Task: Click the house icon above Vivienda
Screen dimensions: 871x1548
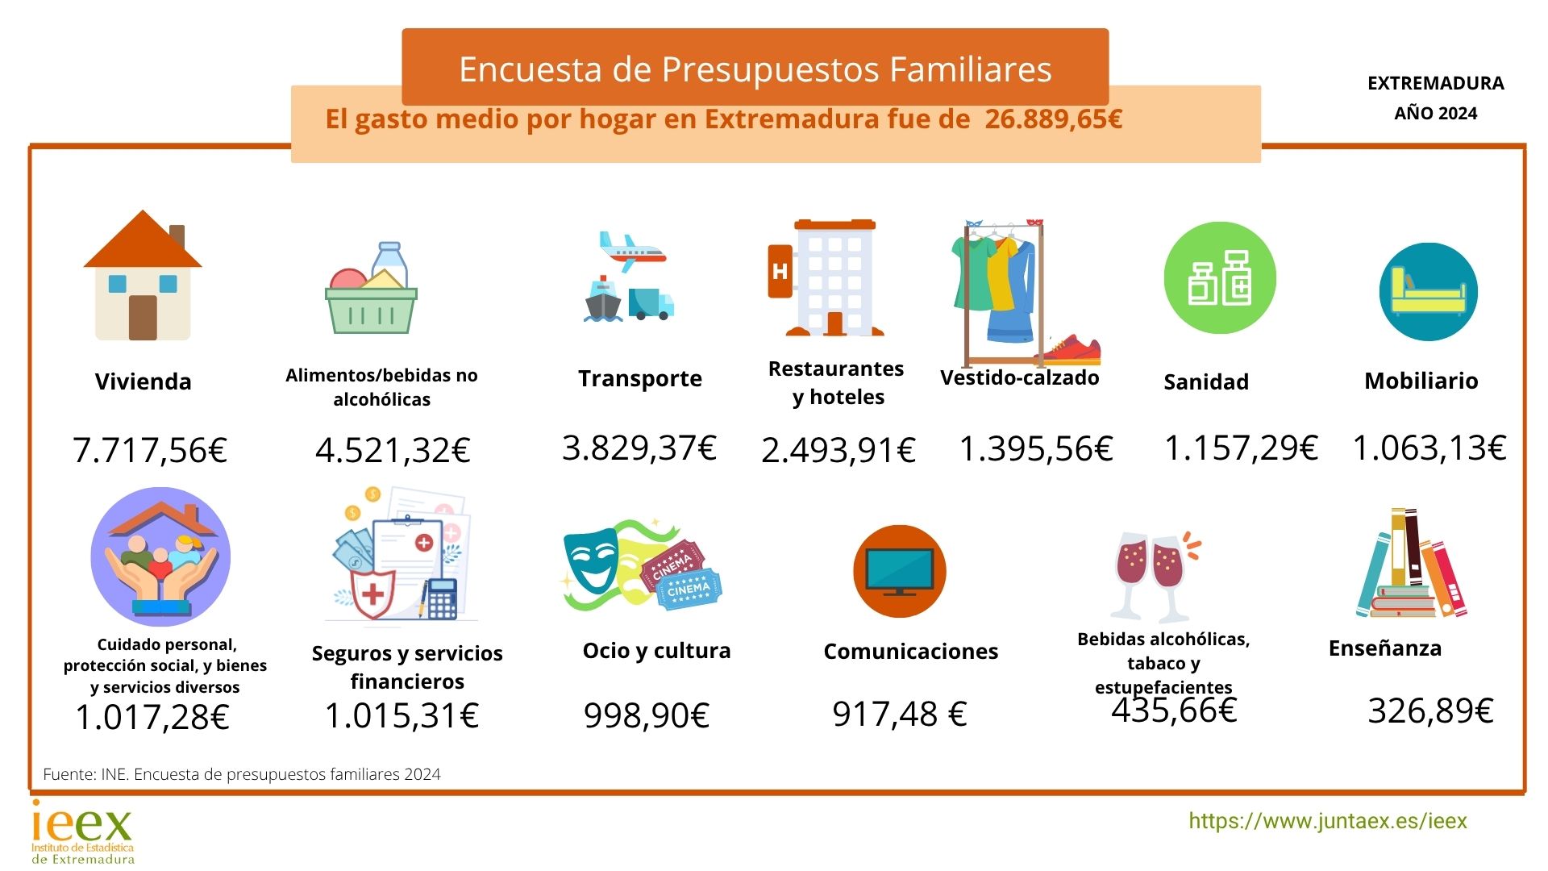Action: [x=143, y=276]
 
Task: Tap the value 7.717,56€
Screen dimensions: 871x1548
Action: [x=150, y=450]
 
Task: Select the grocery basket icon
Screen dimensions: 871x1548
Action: [x=371, y=290]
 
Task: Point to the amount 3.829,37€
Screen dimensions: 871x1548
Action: [x=639, y=448]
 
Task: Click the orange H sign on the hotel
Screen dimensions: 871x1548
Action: [x=780, y=271]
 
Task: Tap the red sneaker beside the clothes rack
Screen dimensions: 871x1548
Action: [x=1070, y=350]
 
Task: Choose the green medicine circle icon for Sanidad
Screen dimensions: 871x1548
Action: [x=1220, y=278]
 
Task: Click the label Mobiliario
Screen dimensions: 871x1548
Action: [x=1421, y=381]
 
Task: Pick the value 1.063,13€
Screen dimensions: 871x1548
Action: [x=1429, y=448]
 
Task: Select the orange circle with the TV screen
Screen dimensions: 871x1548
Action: [x=899, y=571]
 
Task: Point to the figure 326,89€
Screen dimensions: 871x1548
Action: [x=1430, y=711]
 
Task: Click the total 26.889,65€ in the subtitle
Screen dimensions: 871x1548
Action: [x=1053, y=119]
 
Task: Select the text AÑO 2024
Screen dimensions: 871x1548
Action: [x=1435, y=114]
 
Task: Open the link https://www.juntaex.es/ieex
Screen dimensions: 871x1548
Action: [x=1327, y=821]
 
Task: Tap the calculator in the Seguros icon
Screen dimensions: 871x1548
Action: [x=442, y=598]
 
